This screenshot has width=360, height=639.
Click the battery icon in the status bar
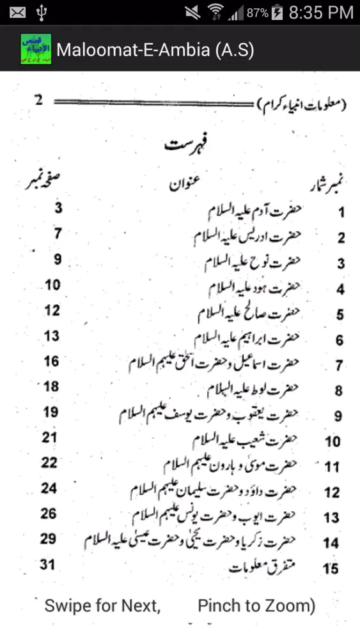tap(277, 12)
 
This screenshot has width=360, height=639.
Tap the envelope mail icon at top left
tap(17, 12)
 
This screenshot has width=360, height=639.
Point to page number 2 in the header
tap(39, 100)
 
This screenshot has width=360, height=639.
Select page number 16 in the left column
tap(51, 361)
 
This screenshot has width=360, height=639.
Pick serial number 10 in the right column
tap(332, 442)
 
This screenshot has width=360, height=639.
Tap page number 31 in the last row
tap(48, 564)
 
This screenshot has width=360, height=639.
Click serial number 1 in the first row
tap(341, 213)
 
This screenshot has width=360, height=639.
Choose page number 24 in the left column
tap(49, 488)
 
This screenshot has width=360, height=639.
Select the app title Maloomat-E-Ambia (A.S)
tap(155, 50)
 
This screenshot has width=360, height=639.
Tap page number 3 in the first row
tap(58, 208)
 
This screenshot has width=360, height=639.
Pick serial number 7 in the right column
tap(339, 366)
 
